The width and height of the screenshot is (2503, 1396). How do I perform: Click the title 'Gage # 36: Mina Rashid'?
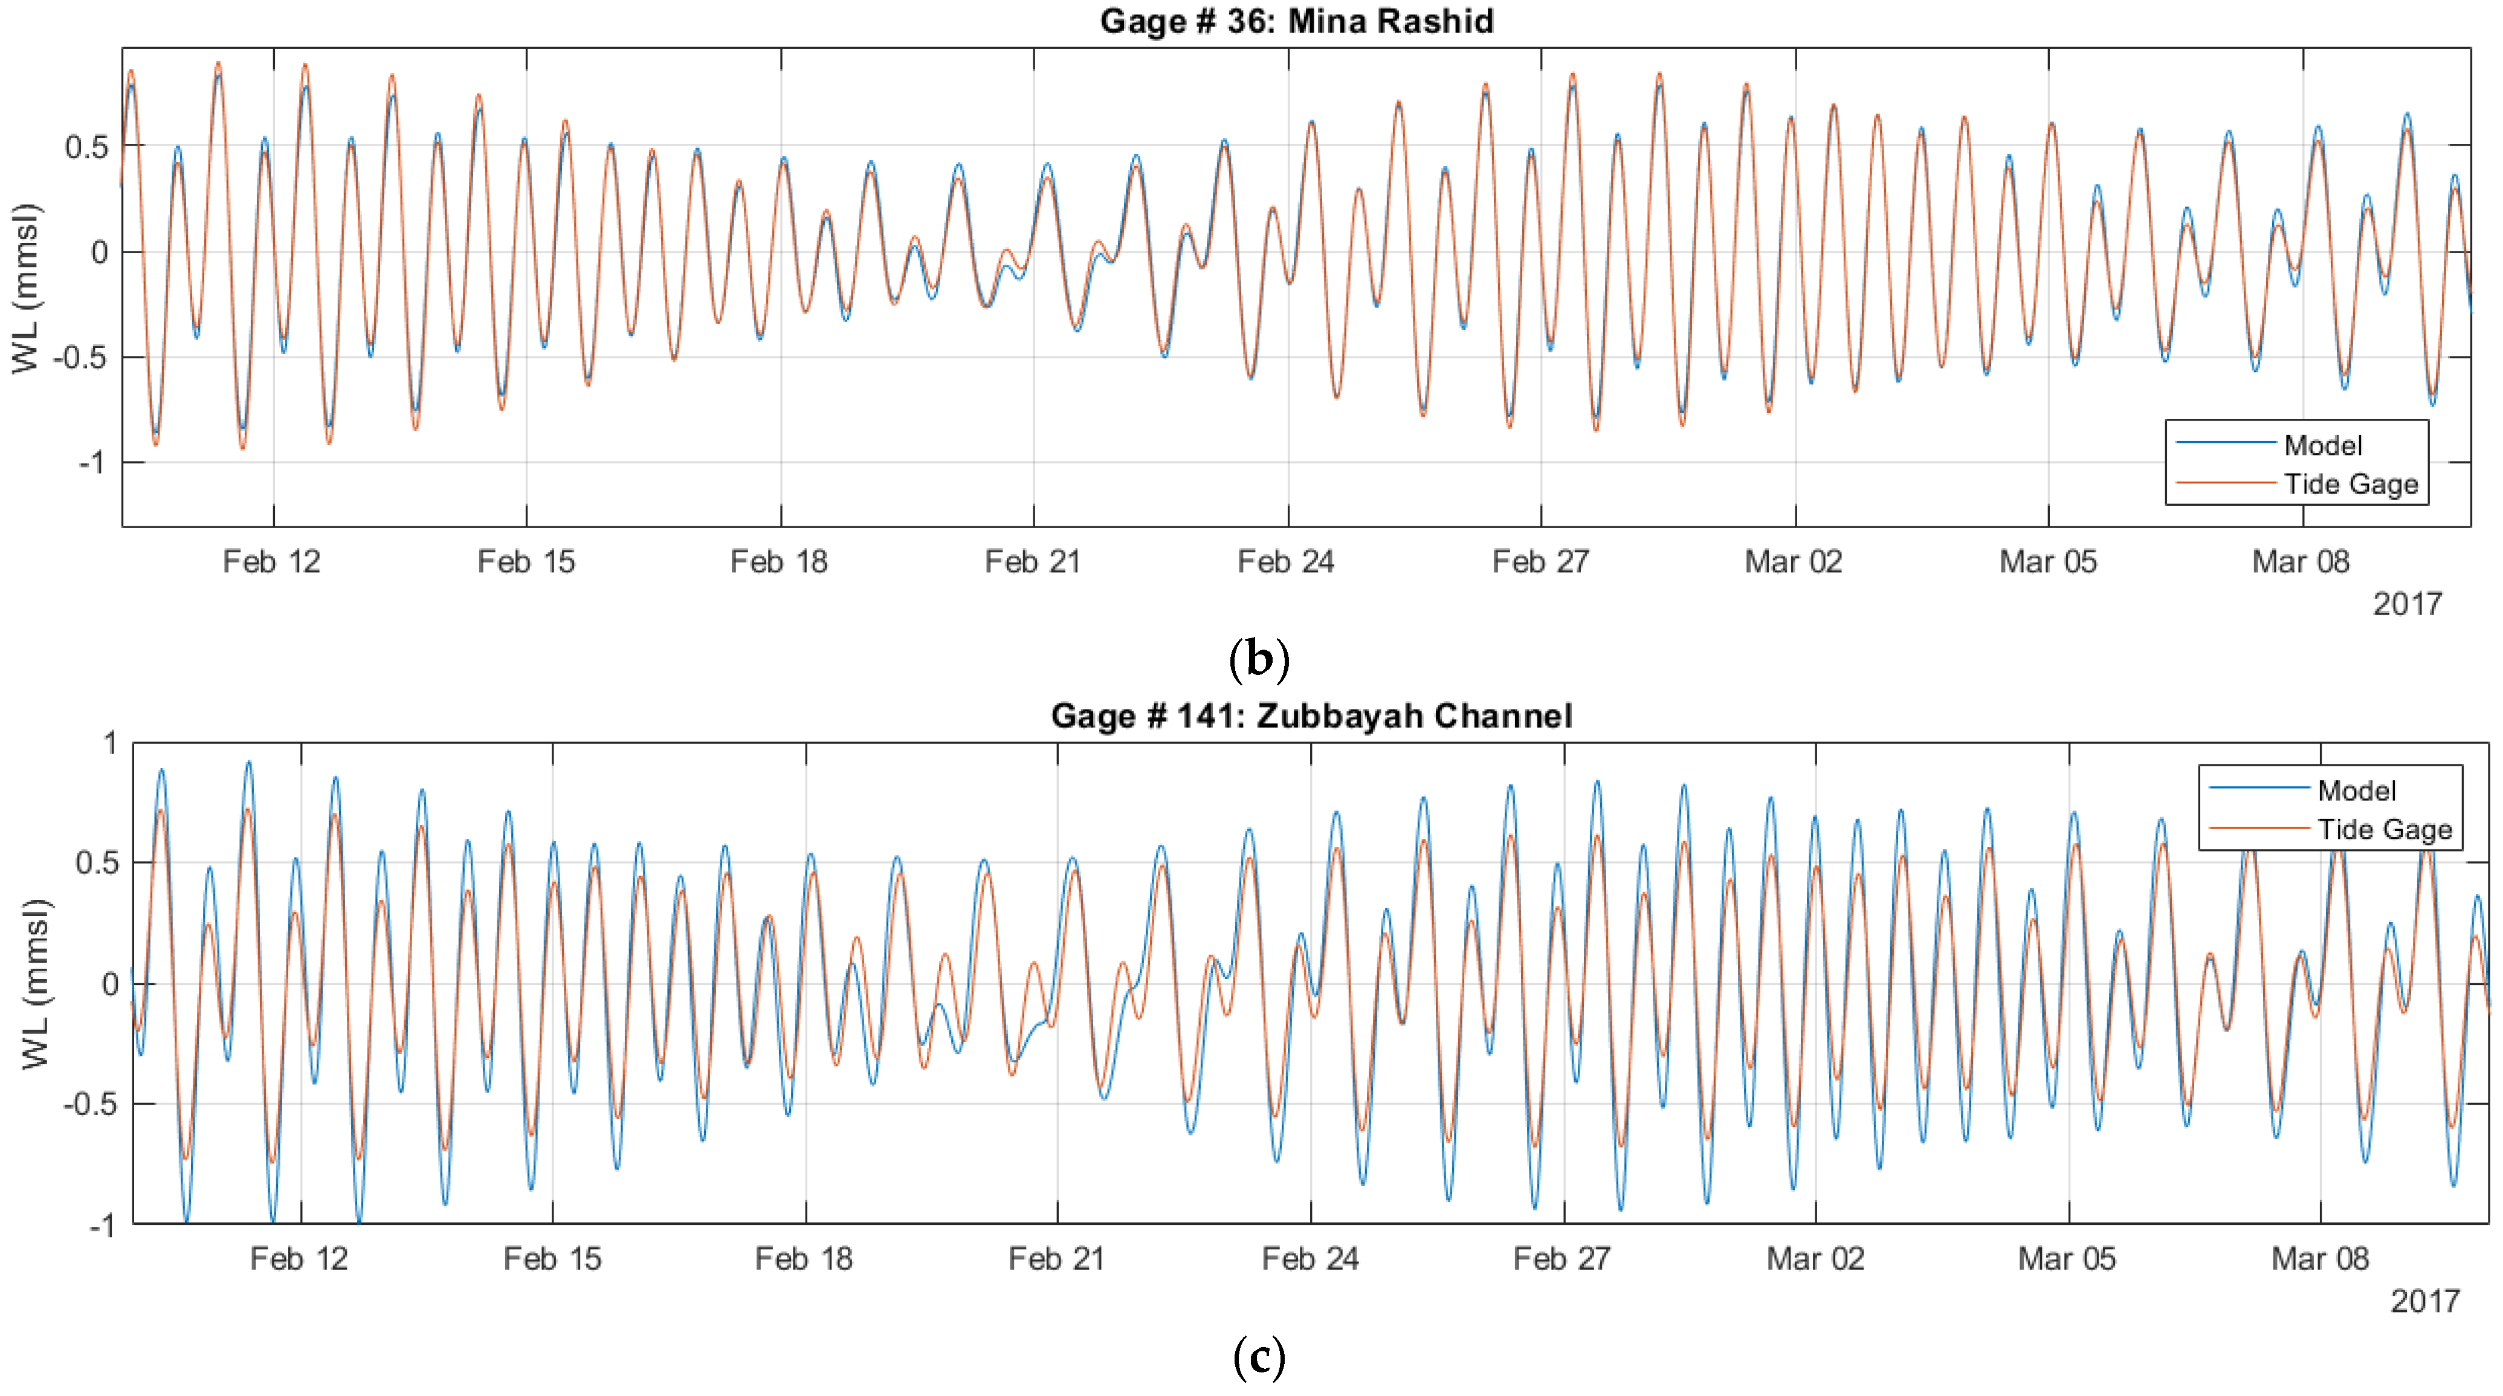point(1296,21)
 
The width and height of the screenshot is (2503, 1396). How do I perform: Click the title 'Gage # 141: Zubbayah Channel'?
point(1311,716)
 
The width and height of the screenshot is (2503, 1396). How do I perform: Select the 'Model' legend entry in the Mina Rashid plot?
point(2322,445)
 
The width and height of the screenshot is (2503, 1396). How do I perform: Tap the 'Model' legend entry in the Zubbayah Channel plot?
point(2356,791)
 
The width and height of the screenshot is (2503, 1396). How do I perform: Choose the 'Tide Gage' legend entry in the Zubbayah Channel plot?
point(2385,830)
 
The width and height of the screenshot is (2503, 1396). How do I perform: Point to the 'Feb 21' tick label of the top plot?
point(1032,561)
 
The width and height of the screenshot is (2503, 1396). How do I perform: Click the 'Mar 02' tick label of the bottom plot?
point(1815,1259)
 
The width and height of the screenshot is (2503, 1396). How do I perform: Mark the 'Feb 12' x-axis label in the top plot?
point(271,561)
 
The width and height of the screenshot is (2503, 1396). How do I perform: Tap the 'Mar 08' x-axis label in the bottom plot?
point(2321,1259)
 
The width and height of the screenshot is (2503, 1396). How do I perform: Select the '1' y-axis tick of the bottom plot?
point(111,743)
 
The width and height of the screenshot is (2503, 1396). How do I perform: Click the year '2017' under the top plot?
point(2407,604)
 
